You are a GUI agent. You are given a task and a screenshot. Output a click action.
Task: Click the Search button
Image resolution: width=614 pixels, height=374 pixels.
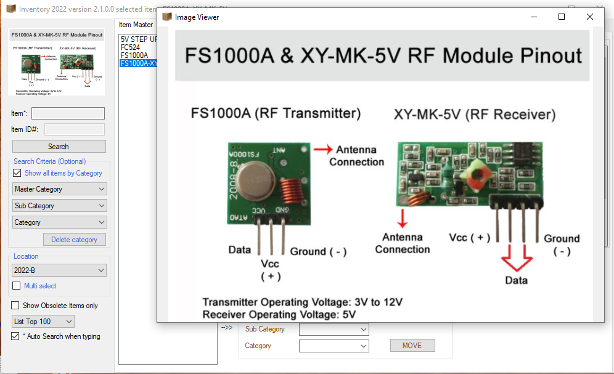pos(59,147)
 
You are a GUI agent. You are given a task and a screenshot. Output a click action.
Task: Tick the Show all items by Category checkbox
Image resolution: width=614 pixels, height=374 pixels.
pos(17,173)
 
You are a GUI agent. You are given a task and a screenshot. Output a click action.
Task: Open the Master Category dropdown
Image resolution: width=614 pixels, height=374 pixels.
pos(59,189)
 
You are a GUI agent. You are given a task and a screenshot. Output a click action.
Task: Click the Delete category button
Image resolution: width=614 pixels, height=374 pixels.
pos(74,240)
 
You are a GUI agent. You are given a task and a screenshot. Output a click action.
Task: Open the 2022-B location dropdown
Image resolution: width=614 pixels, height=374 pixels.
pos(59,270)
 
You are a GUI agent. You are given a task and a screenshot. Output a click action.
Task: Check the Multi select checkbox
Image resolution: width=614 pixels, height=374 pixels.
pos(17,286)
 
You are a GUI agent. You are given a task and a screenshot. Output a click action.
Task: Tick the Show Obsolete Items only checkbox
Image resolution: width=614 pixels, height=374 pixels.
pos(15,306)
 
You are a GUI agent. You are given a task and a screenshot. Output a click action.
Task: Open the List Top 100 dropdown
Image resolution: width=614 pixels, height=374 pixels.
pos(43,322)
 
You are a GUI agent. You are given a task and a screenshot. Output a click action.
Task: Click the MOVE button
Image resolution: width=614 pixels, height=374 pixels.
pos(412,346)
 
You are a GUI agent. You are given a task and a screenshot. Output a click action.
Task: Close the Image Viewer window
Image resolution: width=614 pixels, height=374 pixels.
pos(590,17)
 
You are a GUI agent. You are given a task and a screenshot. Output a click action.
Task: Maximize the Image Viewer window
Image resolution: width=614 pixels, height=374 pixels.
pos(562,17)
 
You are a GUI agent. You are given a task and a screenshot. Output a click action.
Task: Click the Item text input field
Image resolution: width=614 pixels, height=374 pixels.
pos(68,113)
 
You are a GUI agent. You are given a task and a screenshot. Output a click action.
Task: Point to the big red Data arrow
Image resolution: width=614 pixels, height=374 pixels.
pos(516,259)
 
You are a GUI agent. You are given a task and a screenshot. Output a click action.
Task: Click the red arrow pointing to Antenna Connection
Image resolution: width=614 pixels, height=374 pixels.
pos(322,149)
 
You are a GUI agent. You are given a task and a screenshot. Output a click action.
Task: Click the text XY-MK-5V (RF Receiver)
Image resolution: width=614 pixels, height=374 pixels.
pos(475,115)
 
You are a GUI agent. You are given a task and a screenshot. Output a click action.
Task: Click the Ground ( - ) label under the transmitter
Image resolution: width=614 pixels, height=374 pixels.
pos(318,251)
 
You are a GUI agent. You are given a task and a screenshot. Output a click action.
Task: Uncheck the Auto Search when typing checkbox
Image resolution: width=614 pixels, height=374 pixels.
pos(15,336)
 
